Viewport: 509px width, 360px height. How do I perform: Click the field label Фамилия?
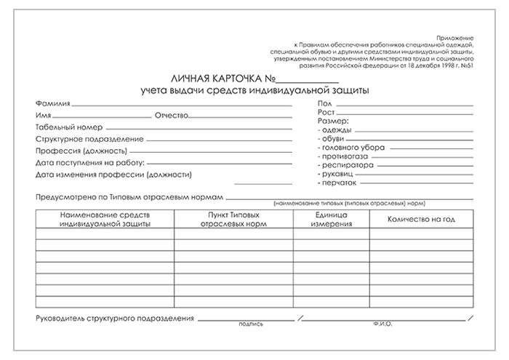pyautogui.click(x=52, y=103)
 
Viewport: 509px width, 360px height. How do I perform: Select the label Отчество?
pyautogui.click(x=172, y=116)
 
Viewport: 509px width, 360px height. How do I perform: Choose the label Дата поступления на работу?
pyautogui.click(x=90, y=162)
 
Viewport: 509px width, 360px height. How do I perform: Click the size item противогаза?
pyautogui.click(x=345, y=156)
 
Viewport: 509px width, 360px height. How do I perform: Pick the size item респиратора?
pyautogui.click(x=347, y=165)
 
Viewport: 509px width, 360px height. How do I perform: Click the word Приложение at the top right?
pyautogui.click(x=454, y=36)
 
